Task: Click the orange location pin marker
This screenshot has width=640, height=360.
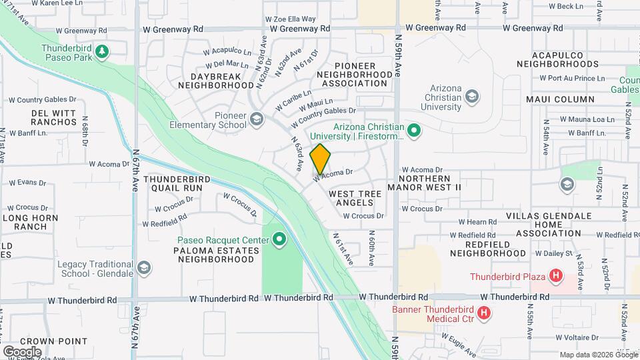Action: tap(320, 161)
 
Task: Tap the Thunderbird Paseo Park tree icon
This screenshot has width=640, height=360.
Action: tap(101, 51)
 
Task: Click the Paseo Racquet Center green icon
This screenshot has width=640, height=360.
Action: tap(279, 239)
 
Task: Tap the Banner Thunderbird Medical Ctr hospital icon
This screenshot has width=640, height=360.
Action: tap(485, 312)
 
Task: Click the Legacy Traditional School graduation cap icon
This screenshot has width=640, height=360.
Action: tap(143, 268)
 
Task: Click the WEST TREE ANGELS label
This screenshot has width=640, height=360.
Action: tap(355, 198)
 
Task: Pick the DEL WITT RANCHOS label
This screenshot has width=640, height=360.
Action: tap(54, 117)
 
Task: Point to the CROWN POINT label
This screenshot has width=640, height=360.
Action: tap(45, 341)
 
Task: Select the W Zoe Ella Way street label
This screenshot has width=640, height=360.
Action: tap(290, 19)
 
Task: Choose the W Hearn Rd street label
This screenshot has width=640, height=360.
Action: tap(477, 222)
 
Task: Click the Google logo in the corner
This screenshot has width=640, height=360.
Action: tap(23, 351)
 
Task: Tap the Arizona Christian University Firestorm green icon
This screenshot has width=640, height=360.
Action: tap(413, 131)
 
